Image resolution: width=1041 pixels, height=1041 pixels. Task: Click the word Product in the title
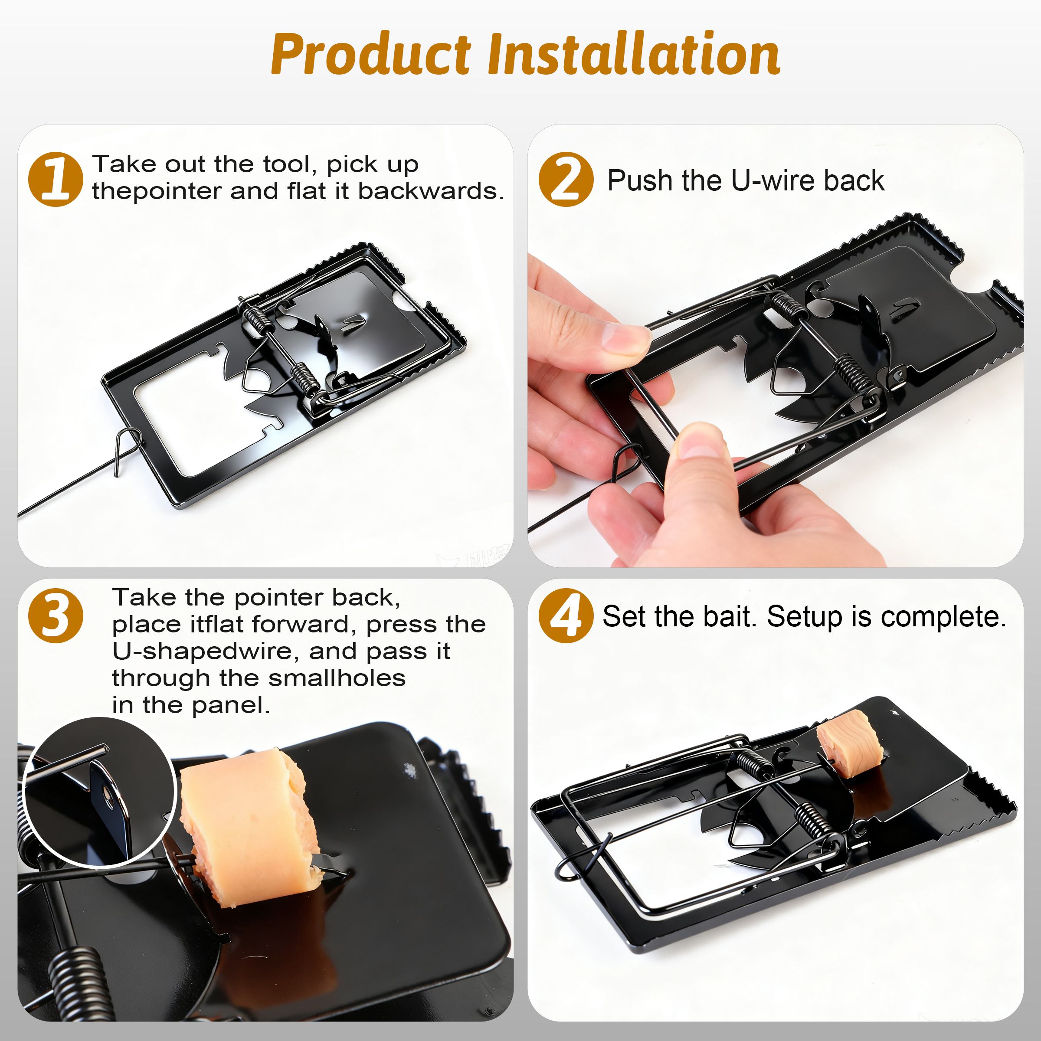[371, 54]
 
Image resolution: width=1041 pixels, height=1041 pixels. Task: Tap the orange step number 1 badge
[56, 180]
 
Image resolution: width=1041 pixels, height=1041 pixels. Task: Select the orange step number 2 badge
[566, 180]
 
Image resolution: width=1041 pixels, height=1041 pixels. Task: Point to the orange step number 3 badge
[56, 615]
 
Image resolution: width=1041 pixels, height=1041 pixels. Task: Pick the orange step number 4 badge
[566, 615]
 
